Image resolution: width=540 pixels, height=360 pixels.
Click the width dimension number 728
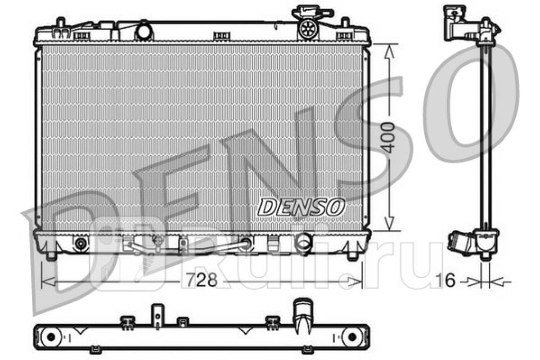coord(202,280)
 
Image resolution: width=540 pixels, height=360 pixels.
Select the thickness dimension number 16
coord(446,280)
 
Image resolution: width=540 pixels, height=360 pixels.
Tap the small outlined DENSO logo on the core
coord(301,207)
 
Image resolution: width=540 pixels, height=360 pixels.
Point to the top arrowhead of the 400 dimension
coord(389,51)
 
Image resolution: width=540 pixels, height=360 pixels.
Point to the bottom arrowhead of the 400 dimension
coord(389,223)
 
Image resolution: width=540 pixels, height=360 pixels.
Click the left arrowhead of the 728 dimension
coord(48,281)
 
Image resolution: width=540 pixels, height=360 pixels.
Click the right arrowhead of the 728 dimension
coord(355,281)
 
